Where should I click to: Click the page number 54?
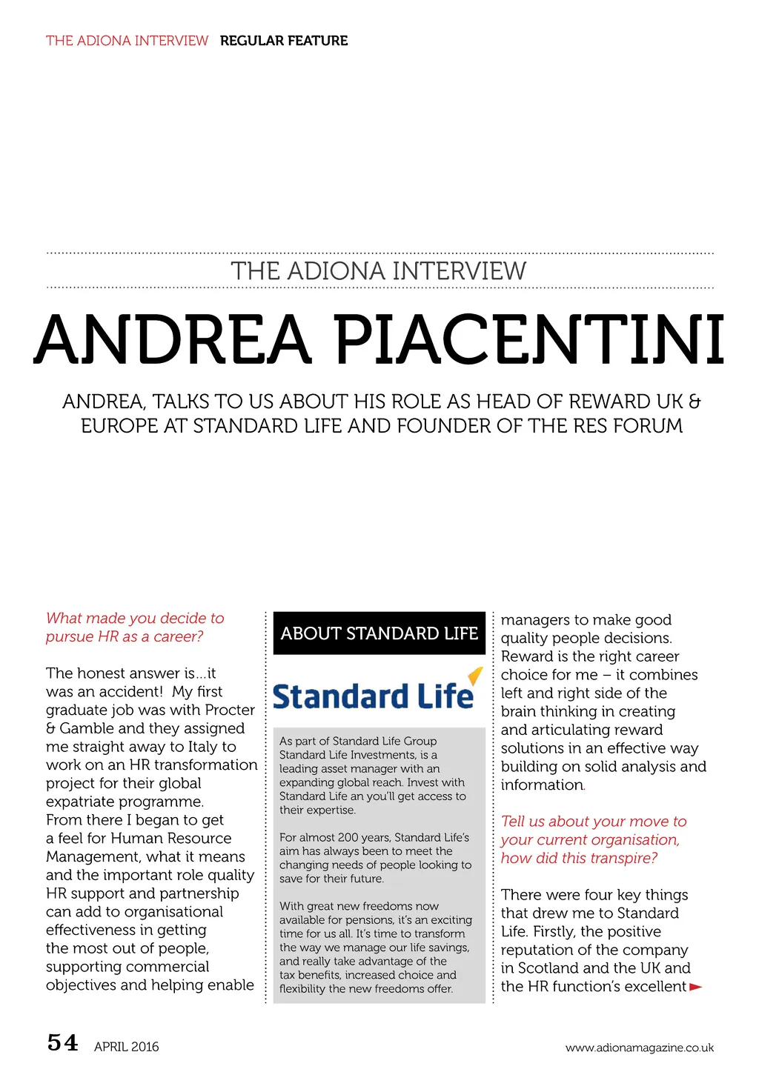tap(62, 1043)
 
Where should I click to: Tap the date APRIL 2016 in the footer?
tap(126, 1047)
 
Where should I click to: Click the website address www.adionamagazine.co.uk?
tap(639, 1048)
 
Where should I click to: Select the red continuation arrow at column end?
tap(695, 987)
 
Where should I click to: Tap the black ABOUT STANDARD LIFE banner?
tap(379, 633)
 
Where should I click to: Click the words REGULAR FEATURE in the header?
tap(283, 41)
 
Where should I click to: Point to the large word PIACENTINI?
tap(529, 341)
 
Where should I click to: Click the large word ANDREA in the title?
tap(172, 341)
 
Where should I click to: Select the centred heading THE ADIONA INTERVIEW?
tap(379, 271)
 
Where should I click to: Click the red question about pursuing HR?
tap(134, 627)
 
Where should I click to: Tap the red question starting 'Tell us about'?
tap(593, 839)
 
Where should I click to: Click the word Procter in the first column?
tap(230, 710)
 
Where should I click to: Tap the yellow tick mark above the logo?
tap(475, 675)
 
